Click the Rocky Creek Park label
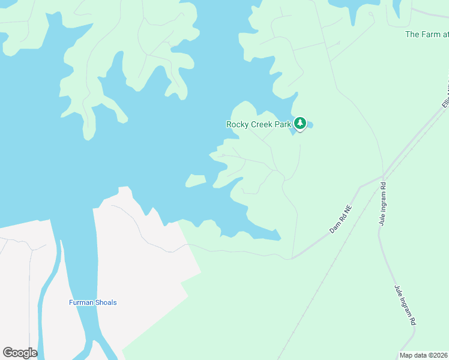(x=258, y=125)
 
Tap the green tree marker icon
(x=300, y=124)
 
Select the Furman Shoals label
(x=92, y=302)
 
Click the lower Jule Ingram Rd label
(x=405, y=304)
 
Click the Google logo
(x=20, y=353)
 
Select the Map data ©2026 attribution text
(x=423, y=355)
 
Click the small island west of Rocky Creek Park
(x=195, y=180)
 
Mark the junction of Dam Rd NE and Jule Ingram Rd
(x=382, y=178)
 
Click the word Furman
(x=81, y=302)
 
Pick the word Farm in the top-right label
(x=430, y=34)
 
